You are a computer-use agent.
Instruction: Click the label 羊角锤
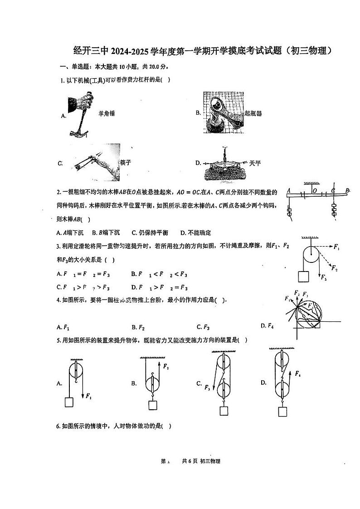click(107, 113)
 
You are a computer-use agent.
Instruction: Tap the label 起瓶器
click(253, 113)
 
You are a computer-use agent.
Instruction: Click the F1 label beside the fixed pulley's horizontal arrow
click(336, 247)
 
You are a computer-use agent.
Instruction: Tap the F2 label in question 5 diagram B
click(166, 366)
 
